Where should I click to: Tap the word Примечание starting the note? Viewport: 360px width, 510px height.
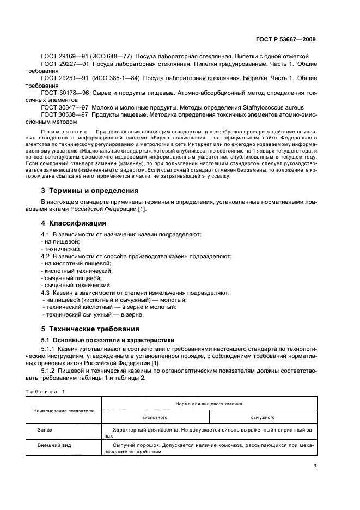(x=63, y=133)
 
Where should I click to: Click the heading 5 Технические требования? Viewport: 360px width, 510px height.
(x=90, y=329)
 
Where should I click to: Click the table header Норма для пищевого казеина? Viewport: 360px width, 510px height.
(x=209, y=404)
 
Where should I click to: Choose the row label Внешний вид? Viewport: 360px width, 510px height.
(x=51, y=445)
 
